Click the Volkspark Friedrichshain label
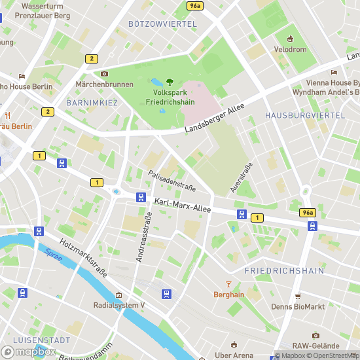click(x=169, y=98)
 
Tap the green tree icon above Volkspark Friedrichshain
click(x=169, y=81)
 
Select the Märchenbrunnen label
click(x=105, y=84)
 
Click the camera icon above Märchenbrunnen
click(x=104, y=73)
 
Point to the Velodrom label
click(x=290, y=50)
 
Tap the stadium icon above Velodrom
click(x=290, y=38)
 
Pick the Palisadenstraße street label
click(x=171, y=180)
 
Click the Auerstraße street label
click(x=241, y=177)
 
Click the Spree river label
click(x=54, y=255)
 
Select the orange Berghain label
click(x=228, y=295)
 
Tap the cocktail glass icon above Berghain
click(x=228, y=283)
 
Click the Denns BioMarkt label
click(x=298, y=306)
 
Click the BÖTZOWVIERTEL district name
click(x=162, y=24)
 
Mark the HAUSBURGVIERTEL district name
click(x=304, y=115)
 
